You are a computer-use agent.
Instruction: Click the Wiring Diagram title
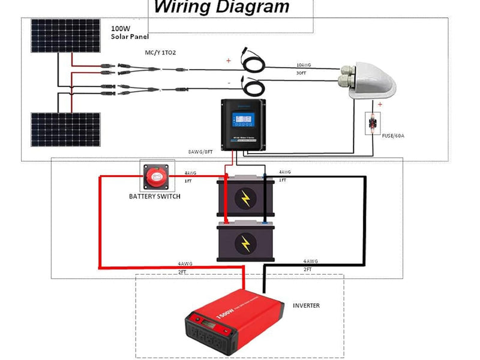221,8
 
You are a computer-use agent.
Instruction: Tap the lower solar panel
65,128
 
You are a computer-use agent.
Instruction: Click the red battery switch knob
157,176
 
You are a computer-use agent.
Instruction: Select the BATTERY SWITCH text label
155,197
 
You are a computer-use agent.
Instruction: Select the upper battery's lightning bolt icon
245,199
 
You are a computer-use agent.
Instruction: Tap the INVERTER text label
306,305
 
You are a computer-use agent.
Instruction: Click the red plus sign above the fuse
380,104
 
